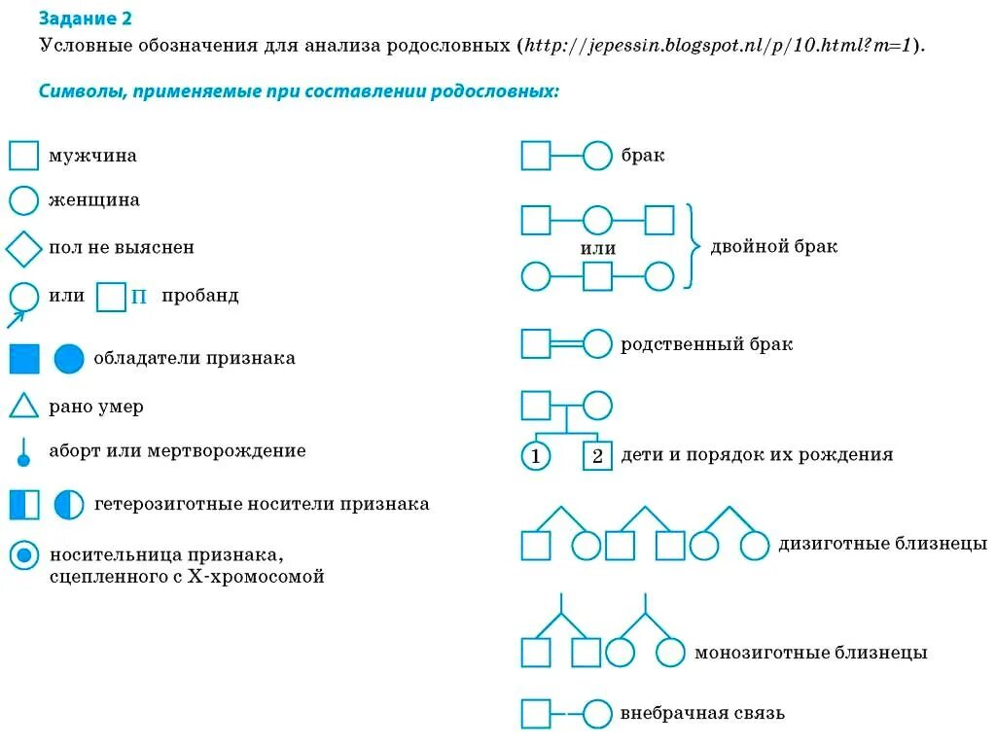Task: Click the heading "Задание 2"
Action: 85,18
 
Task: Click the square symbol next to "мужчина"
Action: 23,156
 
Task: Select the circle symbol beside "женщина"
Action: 23,200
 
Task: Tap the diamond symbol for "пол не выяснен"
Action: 23,248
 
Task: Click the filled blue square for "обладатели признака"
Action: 23,359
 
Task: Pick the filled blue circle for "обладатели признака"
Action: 70,359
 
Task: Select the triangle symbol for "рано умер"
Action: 23,406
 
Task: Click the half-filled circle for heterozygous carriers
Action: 70,505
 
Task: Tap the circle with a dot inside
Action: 23,556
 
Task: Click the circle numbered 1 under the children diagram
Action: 535,455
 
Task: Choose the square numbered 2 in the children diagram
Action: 597,455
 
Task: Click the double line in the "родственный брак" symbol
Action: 566,344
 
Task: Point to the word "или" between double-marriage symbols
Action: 597,249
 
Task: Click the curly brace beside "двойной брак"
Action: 693,247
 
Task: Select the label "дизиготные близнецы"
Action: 882,544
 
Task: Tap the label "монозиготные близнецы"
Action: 810,653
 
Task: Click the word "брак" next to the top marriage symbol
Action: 642,156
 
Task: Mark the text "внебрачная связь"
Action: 702,714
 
